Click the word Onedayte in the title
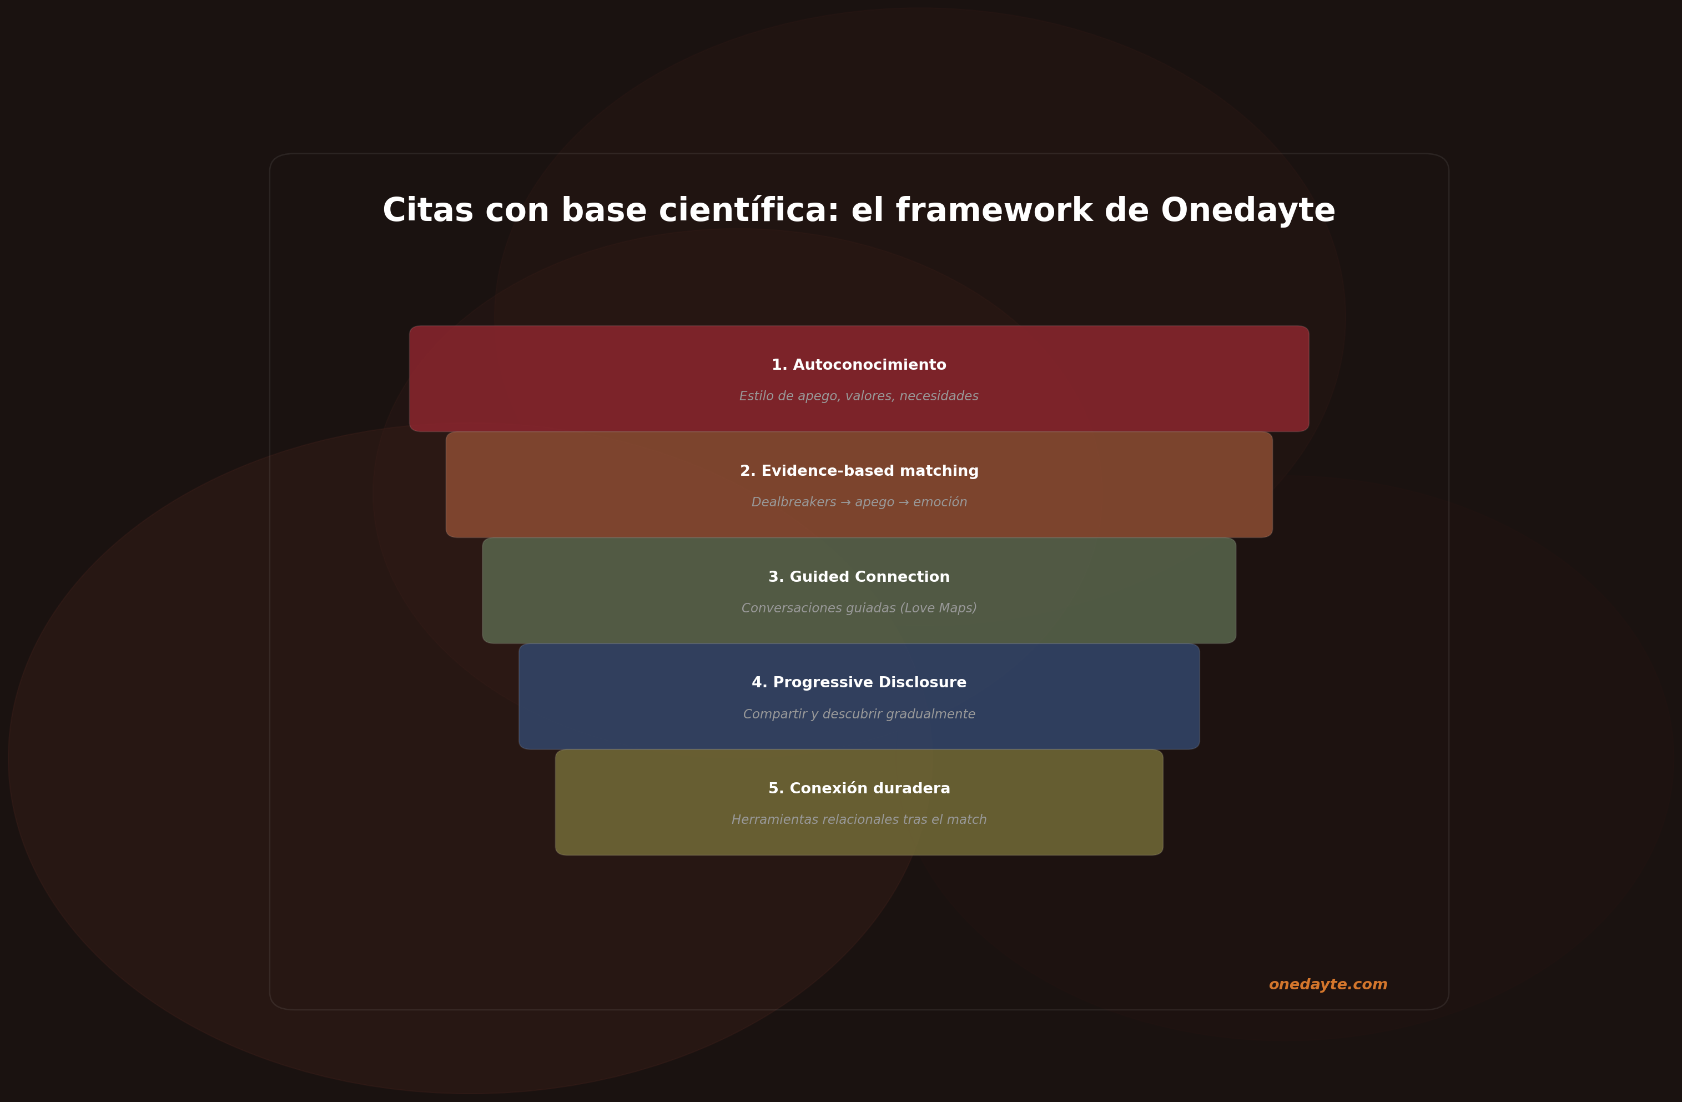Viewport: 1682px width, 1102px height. [x=1247, y=210]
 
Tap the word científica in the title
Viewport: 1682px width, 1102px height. [x=749, y=210]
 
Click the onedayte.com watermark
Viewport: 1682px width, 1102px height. [x=1328, y=985]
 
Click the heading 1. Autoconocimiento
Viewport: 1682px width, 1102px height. [x=859, y=365]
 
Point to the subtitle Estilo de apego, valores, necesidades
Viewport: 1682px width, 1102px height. [x=859, y=396]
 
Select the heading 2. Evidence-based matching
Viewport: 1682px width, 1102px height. [x=859, y=471]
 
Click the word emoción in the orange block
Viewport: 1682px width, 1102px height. [x=940, y=502]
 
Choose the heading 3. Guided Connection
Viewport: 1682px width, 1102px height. [x=859, y=577]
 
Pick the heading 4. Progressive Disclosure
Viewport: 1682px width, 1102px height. [x=859, y=683]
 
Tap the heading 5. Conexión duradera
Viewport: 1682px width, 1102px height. [x=859, y=789]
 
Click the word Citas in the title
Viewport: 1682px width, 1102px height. [x=427, y=210]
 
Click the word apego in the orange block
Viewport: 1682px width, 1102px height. [x=874, y=502]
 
